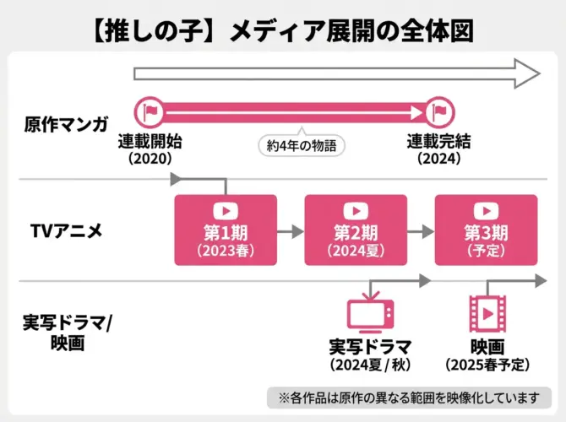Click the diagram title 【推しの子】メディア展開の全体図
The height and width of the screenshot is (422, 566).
[282, 30]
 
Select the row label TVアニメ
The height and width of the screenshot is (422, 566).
[66, 230]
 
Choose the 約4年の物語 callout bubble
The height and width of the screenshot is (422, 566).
[302, 145]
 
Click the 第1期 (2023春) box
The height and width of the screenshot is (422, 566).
[226, 230]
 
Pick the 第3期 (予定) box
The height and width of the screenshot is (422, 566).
[486, 230]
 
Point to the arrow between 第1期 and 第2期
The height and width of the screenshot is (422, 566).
[290, 230]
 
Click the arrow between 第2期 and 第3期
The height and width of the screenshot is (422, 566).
[420, 230]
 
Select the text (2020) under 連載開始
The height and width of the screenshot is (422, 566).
[150, 158]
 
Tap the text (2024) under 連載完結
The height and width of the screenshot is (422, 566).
[439, 158]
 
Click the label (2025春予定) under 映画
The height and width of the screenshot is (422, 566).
[487, 365]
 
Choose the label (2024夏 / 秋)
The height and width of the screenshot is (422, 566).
[371, 365]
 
